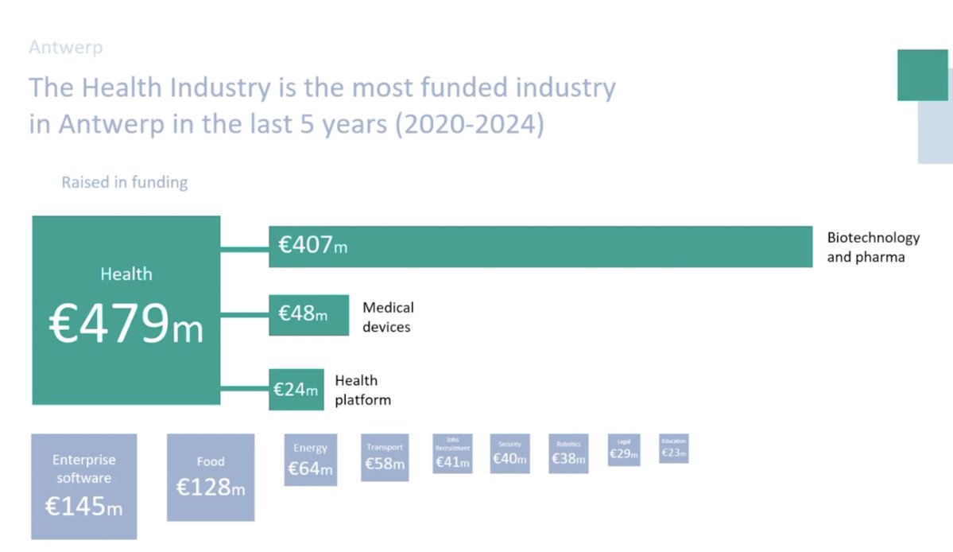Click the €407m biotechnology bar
(540, 247)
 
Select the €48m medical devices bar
(308, 315)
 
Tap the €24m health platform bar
(296, 390)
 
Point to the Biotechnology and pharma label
(873, 247)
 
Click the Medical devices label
(388, 317)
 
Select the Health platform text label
(362, 390)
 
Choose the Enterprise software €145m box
(83, 486)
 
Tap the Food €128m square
(211, 477)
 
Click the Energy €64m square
(310, 460)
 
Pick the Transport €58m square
(385, 457)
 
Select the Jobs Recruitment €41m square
(452, 453)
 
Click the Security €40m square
(509, 453)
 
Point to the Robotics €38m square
(568, 453)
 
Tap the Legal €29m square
(624, 449)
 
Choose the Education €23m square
(674, 449)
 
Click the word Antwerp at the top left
(65, 48)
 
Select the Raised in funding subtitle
(125, 183)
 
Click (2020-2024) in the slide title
(470, 126)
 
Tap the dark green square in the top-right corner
(922, 75)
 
